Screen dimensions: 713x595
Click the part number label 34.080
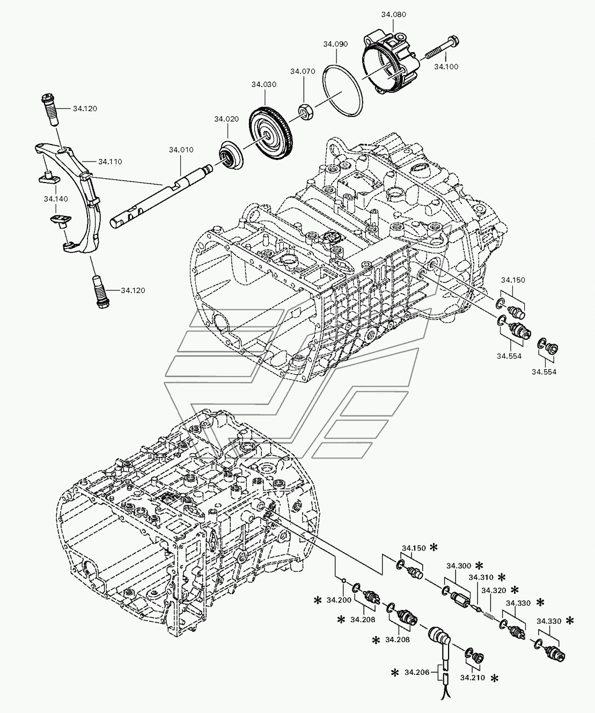[394, 14]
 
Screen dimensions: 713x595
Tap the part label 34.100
[446, 67]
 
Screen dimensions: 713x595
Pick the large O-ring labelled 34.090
[343, 91]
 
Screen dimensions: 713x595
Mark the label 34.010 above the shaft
[181, 149]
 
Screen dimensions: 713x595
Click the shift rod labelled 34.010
[161, 196]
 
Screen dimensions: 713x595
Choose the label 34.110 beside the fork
[110, 161]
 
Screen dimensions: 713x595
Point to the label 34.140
[56, 199]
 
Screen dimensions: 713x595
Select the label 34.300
[458, 566]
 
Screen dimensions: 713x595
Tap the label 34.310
[480, 578]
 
